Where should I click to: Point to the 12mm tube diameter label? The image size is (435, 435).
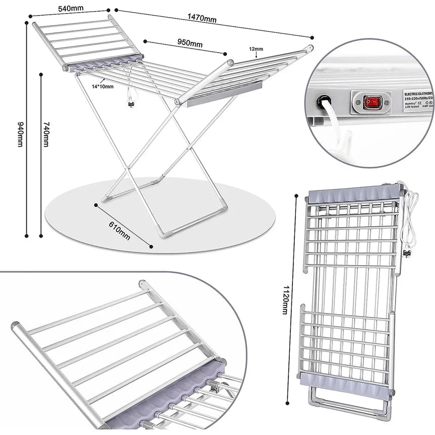[x=256, y=49]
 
